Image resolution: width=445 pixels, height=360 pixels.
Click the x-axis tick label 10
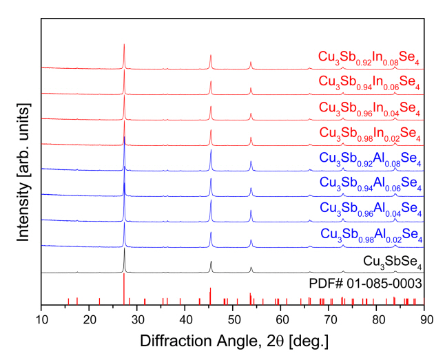[x=41, y=318]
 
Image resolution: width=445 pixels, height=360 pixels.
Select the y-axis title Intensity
[x=23, y=171]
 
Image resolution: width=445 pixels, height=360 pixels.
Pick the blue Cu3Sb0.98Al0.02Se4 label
[x=371, y=235]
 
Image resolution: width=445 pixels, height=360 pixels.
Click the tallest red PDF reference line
[x=124, y=289]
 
